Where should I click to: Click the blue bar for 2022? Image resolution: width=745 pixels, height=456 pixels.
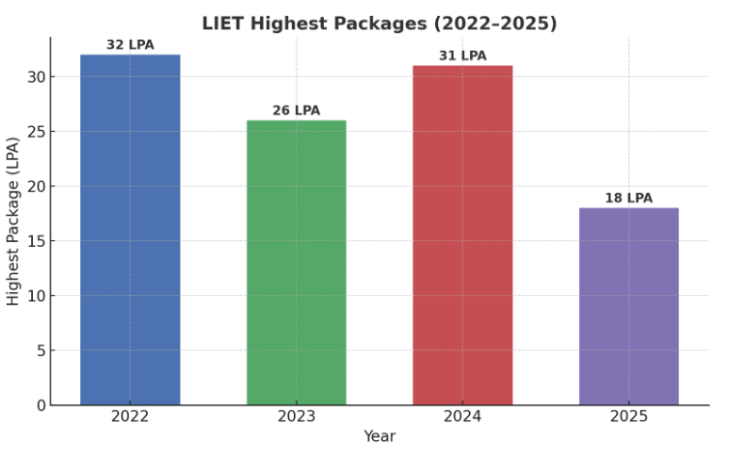130,230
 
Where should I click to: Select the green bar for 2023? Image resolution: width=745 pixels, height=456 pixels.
296,263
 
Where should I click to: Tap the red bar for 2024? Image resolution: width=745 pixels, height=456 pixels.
462,236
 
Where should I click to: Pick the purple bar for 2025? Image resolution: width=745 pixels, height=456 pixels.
628,306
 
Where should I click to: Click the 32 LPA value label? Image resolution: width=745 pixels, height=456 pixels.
130,45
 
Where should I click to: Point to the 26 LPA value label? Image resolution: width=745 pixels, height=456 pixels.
296,111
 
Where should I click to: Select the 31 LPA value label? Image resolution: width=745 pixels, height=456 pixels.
462,57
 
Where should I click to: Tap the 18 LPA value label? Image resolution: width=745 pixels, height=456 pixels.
628,199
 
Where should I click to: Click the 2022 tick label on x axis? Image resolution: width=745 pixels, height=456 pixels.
130,416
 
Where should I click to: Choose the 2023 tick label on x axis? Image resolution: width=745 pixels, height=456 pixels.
296,416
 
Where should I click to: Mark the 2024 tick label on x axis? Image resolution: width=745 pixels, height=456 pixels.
462,416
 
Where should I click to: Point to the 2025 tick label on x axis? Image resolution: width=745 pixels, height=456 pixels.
628,416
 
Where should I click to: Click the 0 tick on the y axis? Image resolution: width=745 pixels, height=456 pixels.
40,405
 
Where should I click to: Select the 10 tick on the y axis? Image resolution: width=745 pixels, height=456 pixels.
36,296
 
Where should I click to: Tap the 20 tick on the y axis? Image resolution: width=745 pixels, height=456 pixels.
36,187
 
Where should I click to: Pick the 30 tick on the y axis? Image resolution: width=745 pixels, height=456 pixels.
36,77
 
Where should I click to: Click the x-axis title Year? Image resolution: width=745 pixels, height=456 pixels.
380,436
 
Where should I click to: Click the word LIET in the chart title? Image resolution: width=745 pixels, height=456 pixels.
222,24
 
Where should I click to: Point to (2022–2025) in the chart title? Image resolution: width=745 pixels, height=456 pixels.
500,24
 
